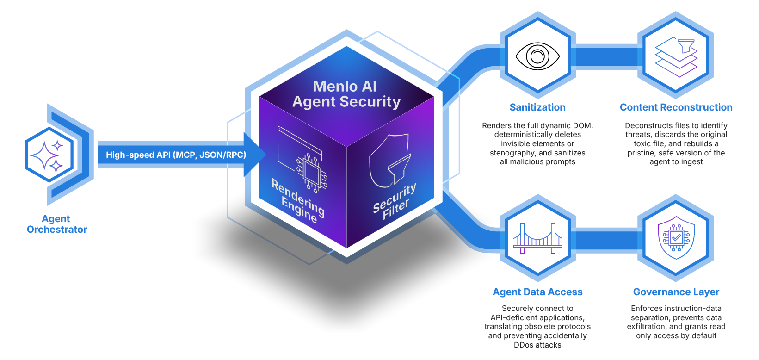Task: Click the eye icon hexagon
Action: [537, 56]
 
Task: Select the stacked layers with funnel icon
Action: [676, 56]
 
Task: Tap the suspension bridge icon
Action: [537, 238]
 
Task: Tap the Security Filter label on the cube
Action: [395, 202]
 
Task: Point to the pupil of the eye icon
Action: [537, 56]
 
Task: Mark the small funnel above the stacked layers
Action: [685, 45]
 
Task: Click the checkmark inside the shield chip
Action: [676, 238]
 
